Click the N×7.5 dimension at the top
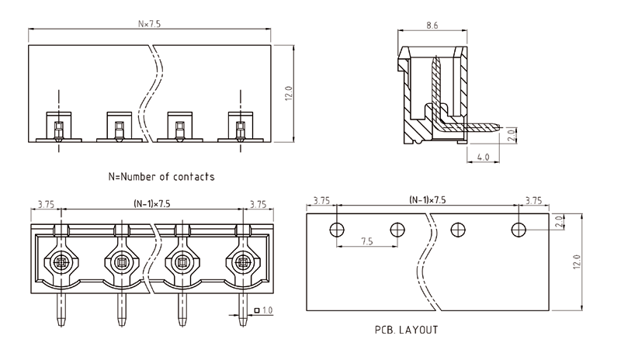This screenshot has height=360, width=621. (x=149, y=24)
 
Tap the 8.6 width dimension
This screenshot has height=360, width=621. (x=432, y=26)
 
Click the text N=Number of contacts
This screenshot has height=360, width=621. (x=161, y=177)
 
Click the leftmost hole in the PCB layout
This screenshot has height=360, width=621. (x=336, y=229)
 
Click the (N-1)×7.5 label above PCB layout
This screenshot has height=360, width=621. (x=428, y=200)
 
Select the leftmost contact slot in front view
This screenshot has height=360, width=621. (x=59, y=125)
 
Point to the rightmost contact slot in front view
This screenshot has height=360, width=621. (x=239, y=125)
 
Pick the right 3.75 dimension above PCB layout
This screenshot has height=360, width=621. (x=533, y=200)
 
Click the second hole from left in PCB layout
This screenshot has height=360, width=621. (x=397, y=229)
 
